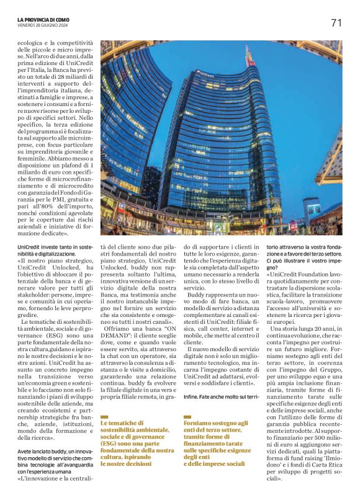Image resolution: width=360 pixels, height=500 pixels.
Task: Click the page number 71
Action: point(336,24)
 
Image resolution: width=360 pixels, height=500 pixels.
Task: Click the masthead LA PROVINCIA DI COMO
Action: point(45,19)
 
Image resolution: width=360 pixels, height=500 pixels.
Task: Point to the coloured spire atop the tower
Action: point(250,57)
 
